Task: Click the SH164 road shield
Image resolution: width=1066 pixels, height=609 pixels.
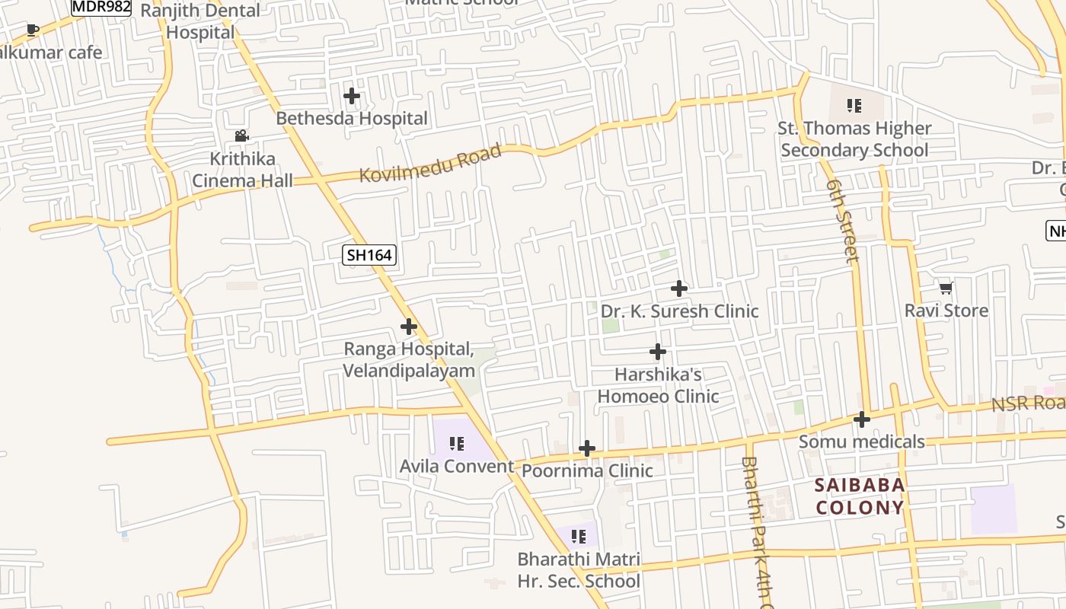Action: [370, 255]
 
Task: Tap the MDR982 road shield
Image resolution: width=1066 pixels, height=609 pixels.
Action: [101, 7]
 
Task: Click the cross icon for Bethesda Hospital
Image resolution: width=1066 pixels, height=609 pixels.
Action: [352, 96]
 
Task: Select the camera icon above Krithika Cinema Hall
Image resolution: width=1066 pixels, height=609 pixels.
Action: [241, 136]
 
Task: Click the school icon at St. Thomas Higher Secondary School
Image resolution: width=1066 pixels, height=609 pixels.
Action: [854, 106]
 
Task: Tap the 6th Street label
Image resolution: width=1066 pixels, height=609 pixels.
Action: [844, 222]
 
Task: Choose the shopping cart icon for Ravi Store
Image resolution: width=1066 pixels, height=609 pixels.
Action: [946, 288]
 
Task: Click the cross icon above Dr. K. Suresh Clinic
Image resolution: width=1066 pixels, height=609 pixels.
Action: [679, 289]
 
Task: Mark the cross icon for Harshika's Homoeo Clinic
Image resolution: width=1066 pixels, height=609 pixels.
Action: [658, 352]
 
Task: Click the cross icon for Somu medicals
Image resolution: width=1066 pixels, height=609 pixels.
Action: [862, 419]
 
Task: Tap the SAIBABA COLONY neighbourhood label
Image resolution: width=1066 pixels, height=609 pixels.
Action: [860, 496]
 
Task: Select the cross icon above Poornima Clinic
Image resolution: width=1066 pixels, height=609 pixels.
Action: [587, 448]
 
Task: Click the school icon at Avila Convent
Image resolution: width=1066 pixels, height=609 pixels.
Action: [457, 443]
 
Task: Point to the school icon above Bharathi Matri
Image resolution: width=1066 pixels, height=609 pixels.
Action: [578, 537]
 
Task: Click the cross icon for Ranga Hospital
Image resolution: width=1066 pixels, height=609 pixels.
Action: [409, 327]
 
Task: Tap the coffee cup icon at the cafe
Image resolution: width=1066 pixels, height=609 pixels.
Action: [32, 30]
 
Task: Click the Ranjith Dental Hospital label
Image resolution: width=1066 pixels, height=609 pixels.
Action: [200, 21]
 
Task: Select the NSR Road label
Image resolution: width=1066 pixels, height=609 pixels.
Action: [1028, 403]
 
